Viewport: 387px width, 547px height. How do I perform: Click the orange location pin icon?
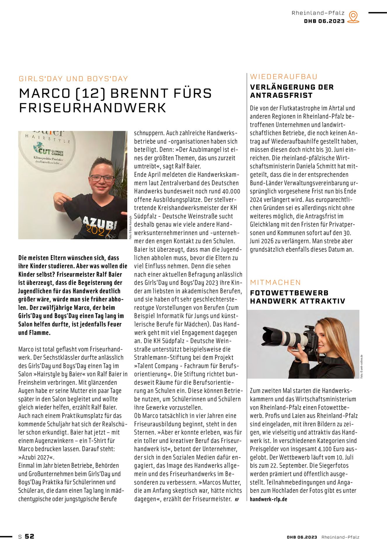[353, 17]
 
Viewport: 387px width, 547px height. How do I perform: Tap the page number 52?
[29, 536]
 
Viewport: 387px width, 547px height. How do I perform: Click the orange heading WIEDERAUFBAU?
[284, 77]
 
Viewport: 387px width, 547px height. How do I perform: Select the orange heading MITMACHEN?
[275, 282]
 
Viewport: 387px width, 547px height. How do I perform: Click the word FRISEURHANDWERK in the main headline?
[93, 108]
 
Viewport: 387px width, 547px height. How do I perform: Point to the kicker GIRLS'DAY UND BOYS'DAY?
[73, 79]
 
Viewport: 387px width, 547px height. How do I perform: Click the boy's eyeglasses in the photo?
[102, 178]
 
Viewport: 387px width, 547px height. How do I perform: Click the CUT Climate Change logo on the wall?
[48, 149]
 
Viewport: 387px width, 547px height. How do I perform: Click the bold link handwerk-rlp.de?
[268, 499]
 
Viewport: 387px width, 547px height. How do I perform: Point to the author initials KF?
[237, 499]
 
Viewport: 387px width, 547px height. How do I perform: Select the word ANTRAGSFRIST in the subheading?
[281, 95]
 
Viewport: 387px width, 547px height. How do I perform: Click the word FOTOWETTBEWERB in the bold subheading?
[289, 293]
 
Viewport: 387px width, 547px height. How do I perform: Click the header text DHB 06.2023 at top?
[324, 21]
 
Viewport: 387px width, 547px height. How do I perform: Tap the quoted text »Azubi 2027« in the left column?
[36, 457]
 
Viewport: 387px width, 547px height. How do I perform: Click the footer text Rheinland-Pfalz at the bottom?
[340, 537]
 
